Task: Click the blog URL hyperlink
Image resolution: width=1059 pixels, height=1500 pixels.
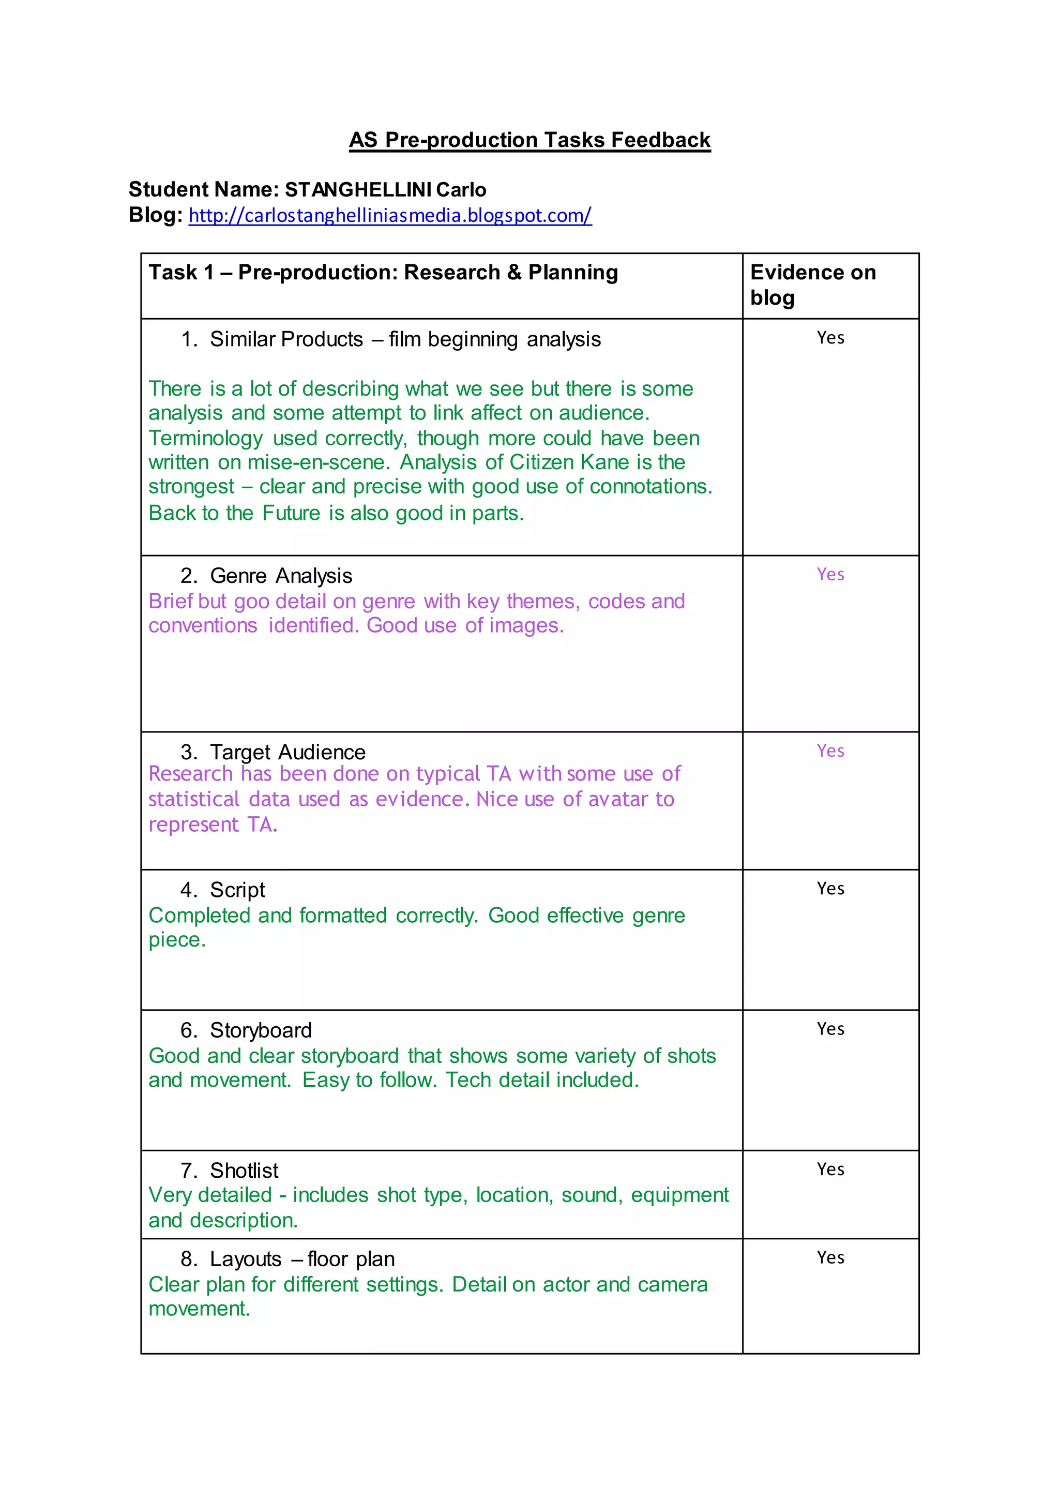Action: point(390,216)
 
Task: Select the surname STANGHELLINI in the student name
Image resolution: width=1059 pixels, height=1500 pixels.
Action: point(358,190)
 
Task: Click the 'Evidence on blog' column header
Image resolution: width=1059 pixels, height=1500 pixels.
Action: point(813,284)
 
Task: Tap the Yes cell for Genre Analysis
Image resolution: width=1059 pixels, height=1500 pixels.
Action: point(830,574)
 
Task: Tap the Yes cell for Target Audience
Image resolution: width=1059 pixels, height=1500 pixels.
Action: point(830,751)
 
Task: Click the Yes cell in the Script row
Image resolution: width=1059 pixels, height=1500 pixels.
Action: point(830,889)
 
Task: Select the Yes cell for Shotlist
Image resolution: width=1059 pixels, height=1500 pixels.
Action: point(830,1169)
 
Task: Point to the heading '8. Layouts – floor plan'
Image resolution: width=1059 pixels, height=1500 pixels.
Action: point(288,1259)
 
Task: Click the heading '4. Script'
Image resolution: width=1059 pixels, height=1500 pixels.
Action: point(223,890)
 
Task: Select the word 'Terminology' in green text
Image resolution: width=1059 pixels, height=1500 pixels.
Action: point(205,439)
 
